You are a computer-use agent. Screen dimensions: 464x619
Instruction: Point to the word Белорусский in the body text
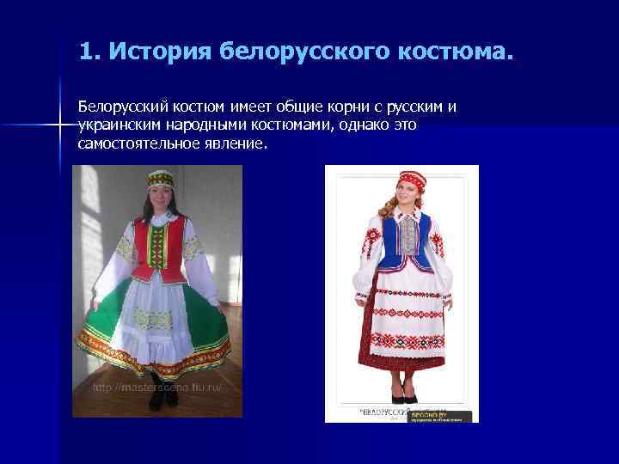pyautogui.click(x=120, y=107)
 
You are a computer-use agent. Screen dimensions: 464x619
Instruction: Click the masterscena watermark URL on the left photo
pyautogui.click(x=156, y=388)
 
